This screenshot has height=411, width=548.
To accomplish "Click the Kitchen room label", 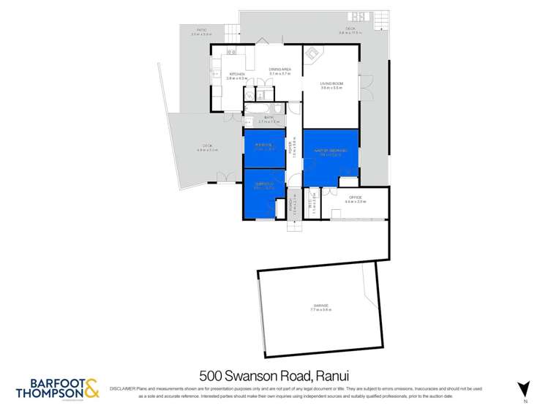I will pos(237,74).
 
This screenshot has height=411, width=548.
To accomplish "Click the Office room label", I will pos(356,197).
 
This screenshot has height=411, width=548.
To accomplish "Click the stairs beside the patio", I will pos(232,31).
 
